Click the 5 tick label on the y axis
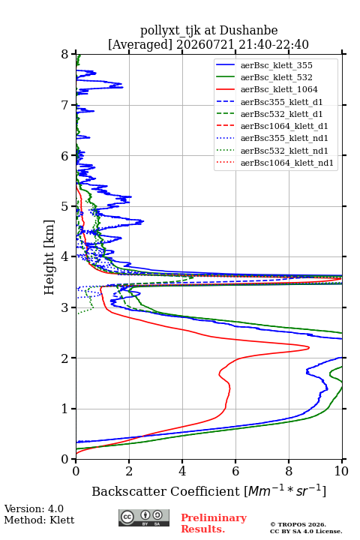point(65,206)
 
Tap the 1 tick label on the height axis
point(65,409)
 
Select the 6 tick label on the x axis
point(235,471)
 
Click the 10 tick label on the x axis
point(341,471)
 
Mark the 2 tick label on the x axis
point(129,471)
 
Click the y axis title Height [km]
point(49,257)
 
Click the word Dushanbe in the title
point(248,31)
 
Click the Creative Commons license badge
point(144,518)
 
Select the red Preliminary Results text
point(214,523)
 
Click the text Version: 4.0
point(34,508)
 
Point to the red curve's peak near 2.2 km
point(309,348)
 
